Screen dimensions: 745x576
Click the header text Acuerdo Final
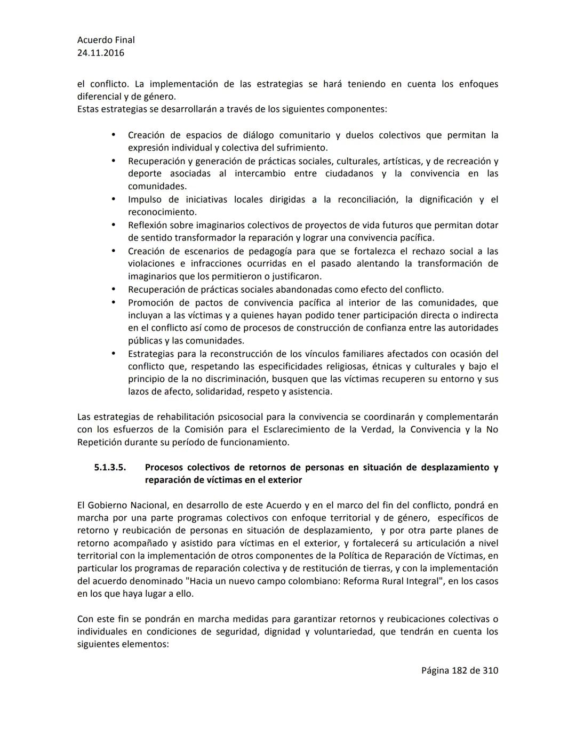tap(106, 40)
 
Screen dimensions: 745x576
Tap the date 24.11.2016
tap(101, 53)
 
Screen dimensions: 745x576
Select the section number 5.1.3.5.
tap(110, 467)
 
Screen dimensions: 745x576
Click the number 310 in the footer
tap(490, 670)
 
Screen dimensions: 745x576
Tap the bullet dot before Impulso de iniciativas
tap(114, 199)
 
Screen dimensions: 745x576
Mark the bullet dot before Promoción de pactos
tap(114, 302)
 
